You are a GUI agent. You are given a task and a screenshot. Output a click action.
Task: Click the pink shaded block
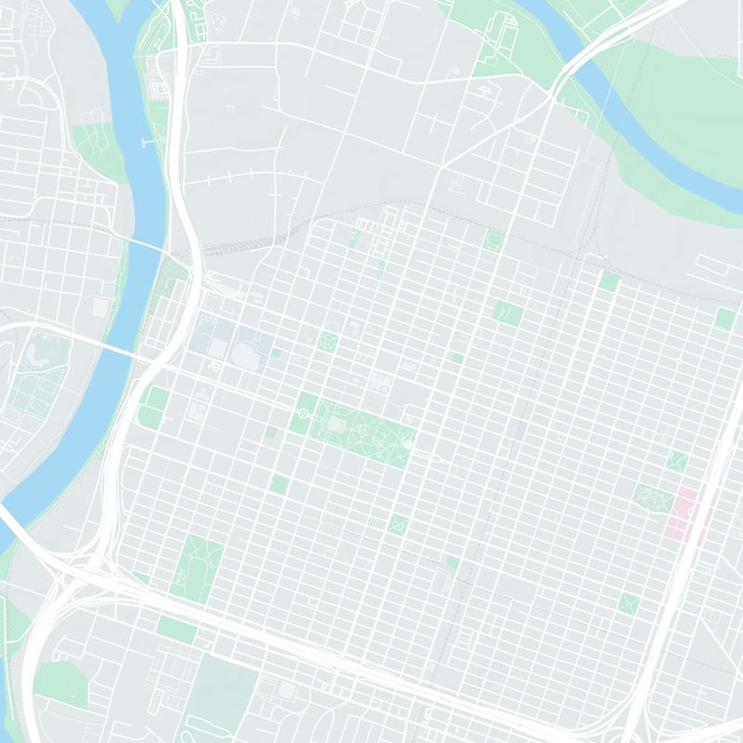tap(683, 513)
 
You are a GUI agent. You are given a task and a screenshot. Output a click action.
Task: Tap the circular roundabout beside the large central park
tap(303, 412)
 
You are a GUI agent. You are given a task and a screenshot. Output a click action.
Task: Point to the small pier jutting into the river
tap(146, 142)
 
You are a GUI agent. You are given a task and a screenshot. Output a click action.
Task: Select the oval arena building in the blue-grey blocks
tap(245, 354)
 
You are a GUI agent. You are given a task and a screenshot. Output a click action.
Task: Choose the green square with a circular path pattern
tap(327, 342)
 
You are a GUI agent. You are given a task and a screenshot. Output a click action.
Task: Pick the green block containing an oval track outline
tap(493, 241)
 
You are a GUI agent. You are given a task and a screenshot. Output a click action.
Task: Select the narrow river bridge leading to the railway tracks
tap(144, 243)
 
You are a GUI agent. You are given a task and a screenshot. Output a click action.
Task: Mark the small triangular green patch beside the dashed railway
tap(452, 563)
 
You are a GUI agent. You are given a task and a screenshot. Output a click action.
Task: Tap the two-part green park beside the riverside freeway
tap(153, 409)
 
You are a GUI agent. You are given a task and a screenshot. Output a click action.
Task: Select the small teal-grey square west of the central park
tap(270, 433)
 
